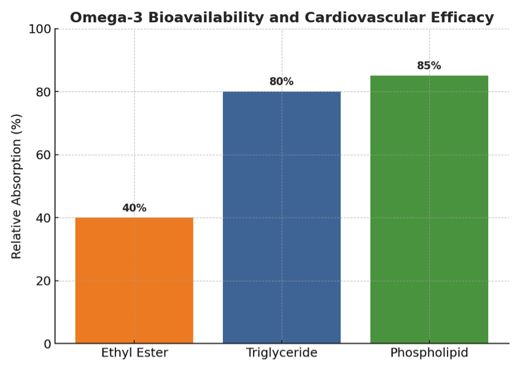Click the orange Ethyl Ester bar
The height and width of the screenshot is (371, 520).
click(x=134, y=280)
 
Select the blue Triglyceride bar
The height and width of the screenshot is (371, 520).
click(x=281, y=218)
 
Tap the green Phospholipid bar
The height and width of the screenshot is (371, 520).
click(x=429, y=210)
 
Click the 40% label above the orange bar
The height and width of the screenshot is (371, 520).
click(x=134, y=208)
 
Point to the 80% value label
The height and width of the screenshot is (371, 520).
click(x=281, y=82)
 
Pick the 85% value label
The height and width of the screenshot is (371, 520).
click(x=429, y=66)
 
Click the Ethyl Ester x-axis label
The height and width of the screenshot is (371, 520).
click(x=134, y=353)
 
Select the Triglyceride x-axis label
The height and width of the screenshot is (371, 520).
click(x=281, y=353)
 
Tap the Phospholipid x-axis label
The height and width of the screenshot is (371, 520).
click(x=429, y=353)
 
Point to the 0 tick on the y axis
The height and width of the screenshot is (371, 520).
click(x=47, y=344)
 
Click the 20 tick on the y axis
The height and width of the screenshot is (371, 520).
click(x=43, y=281)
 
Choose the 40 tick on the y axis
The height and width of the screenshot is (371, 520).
click(x=43, y=218)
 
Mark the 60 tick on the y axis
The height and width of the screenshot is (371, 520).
click(x=43, y=155)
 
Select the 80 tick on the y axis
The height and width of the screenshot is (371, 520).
click(x=43, y=92)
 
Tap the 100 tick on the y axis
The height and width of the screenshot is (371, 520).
click(x=39, y=29)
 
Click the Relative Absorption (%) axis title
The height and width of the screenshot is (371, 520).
click(x=17, y=186)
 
